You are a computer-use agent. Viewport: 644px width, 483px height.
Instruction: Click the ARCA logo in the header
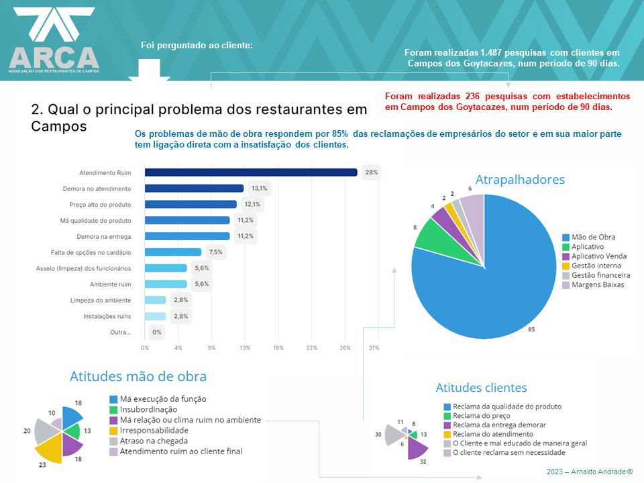(54, 40)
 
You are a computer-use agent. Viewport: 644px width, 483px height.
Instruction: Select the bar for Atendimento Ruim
(250, 172)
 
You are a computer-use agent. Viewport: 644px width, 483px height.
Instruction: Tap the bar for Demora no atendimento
(194, 189)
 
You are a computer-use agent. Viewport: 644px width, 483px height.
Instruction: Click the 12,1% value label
(252, 204)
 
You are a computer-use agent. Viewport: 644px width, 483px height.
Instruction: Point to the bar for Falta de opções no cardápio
(172, 252)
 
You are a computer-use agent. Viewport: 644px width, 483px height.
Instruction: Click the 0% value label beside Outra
(157, 332)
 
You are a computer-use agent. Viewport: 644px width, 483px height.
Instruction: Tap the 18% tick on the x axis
(278, 347)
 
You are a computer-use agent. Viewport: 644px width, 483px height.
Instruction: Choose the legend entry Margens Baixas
(599, 284)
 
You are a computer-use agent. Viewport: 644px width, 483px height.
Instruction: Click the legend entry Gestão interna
(596, 266)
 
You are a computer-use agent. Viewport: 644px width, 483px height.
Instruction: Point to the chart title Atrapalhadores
(520, 179)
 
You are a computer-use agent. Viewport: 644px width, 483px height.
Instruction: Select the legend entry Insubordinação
(148, 409)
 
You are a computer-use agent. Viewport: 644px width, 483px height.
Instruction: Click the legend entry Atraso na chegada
(154, 441)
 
